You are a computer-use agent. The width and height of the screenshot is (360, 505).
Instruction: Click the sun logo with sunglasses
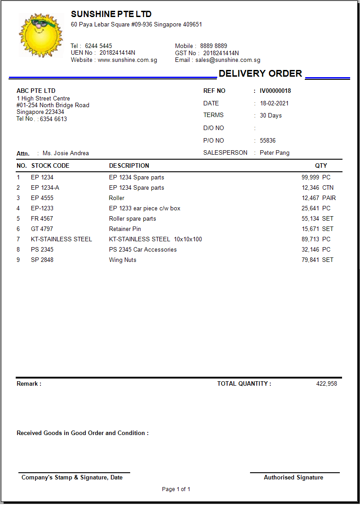(x=40, y=35)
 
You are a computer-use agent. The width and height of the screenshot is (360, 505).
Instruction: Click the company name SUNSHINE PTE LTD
(x=111, y=14)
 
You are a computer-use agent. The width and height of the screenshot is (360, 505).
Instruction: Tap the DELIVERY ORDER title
(x=260, y=74)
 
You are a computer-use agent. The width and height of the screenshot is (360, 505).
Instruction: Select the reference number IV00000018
(x=275, y=91)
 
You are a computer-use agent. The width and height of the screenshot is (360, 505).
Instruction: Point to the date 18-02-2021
(x=274, y=103)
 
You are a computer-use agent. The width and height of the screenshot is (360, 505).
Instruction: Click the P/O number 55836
(x=268, y=140)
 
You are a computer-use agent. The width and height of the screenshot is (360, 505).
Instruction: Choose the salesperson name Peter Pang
(x=275, y=153)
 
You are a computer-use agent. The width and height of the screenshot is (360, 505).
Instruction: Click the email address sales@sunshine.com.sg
(x=228, y=60)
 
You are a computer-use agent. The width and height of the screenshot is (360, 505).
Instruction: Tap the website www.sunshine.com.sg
(x=127, y=60)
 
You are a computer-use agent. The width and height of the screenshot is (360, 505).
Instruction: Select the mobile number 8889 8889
(x=214, y=46)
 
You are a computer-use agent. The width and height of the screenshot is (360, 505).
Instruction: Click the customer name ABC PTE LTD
(x=36, y=91)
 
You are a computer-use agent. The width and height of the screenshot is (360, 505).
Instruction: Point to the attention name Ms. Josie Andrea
(x=66, y=153)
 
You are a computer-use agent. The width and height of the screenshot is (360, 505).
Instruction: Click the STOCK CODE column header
(x=50, y=166)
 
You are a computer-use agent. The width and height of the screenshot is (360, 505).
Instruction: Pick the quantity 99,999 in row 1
(x=310, y=178)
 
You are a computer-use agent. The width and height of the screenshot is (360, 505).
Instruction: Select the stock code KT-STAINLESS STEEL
(x=61, y=239)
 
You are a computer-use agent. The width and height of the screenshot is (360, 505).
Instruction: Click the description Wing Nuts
(x=123, y=260)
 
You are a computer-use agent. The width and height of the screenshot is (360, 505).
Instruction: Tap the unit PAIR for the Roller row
(x=329, y=198)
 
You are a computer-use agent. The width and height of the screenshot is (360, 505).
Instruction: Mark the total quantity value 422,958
(x=326, y=384)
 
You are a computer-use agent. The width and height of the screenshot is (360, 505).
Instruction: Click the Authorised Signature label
(x=294, y=478)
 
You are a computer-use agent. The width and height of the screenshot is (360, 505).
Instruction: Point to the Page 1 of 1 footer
(x=176, y=489)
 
